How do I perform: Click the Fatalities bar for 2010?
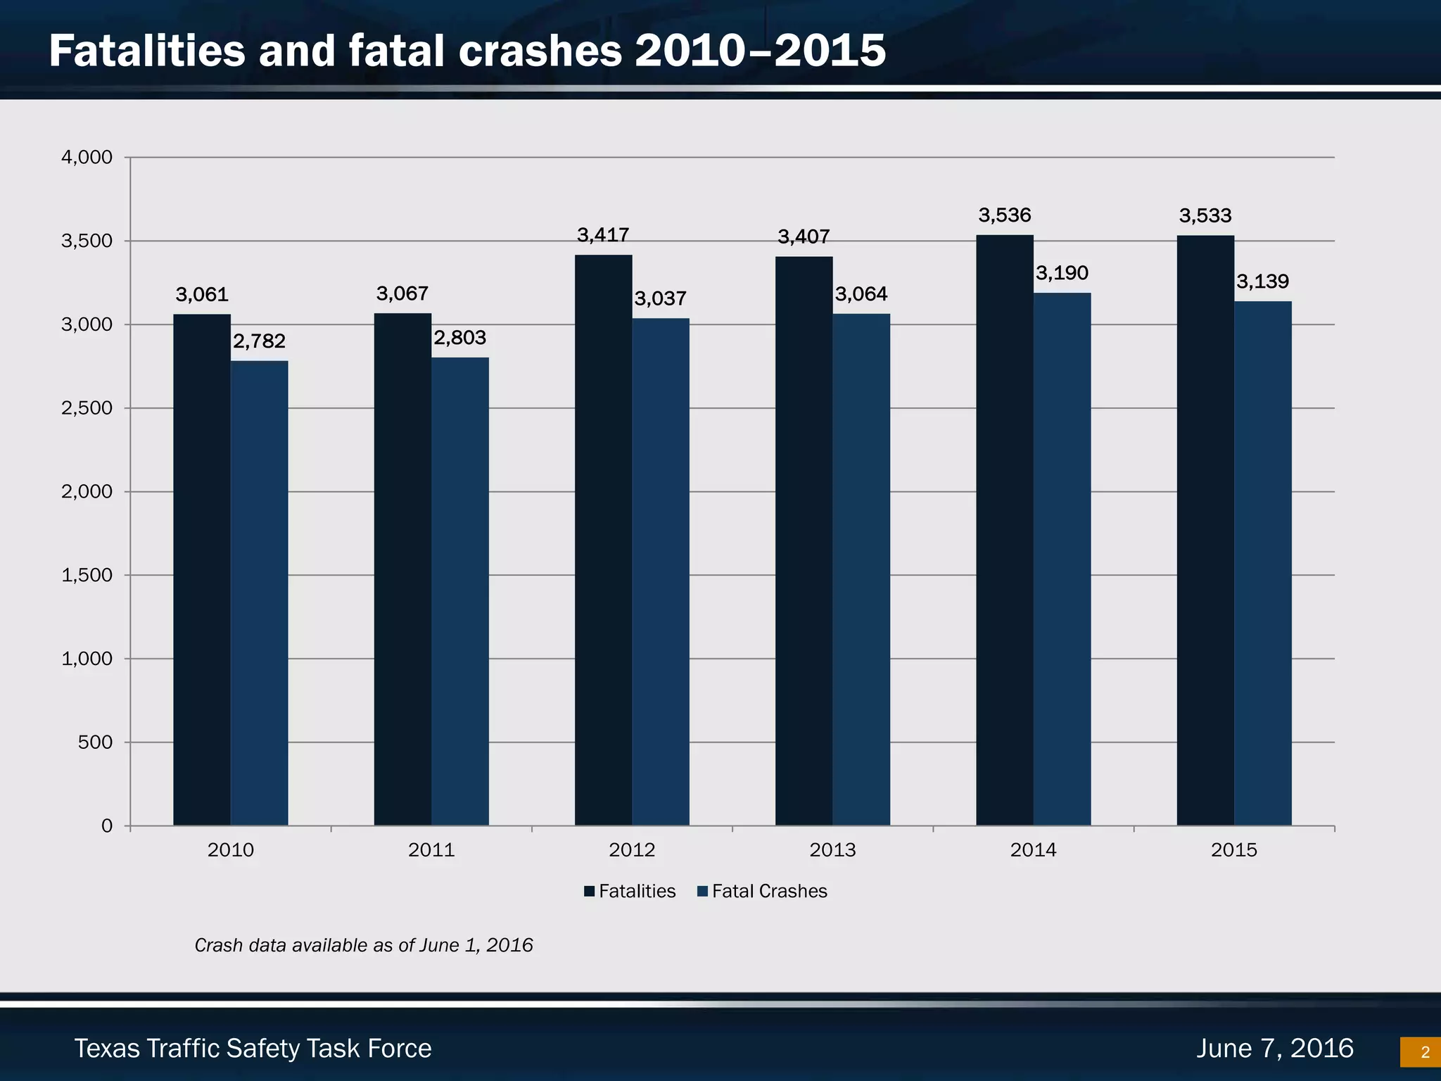[202, 570]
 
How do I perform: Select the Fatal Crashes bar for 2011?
[459, 591]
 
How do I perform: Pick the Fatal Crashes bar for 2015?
[1262, 563]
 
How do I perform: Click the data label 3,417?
[603, 235]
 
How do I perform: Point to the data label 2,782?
[259, 341]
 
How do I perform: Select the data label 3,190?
[1062, 273]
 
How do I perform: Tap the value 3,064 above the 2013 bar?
[861, 294]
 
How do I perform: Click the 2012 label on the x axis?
[632, 850]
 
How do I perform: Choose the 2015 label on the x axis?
[1234, 850]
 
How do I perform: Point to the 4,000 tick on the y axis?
[87, 157]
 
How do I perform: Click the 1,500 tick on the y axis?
[87, 575]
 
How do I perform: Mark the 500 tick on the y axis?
[95, 742]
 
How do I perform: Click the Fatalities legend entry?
[630, 891]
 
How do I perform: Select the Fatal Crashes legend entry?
[762, 891]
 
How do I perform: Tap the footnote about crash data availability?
[363, 945]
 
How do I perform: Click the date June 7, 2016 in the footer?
[1275, 1048]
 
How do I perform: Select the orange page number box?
[1421, 1052]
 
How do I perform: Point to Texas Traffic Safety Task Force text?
[253, 1049]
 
